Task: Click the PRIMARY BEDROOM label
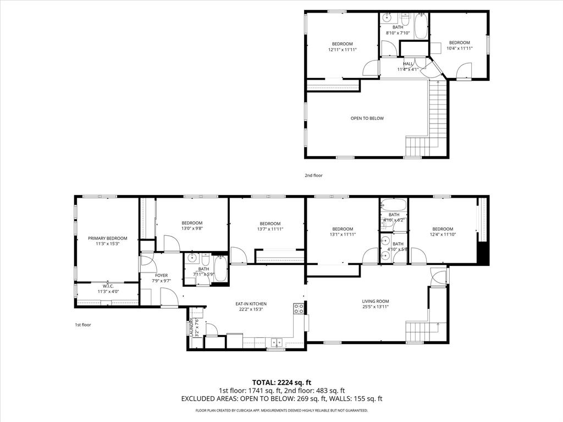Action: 108,238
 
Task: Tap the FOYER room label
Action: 161,275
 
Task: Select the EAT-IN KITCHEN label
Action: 251,303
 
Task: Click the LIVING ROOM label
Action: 376,301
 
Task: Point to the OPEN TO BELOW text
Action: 367,118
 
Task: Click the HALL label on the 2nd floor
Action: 408,64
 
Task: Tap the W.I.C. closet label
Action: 107,286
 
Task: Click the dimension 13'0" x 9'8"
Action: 192,229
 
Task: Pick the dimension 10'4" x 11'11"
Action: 460,48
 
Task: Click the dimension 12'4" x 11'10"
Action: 443,235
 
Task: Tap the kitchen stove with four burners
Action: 299,309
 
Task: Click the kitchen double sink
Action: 275,342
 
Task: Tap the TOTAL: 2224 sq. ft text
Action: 281,382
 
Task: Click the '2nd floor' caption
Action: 314,176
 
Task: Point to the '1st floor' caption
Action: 83,325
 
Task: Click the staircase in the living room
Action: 416,331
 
